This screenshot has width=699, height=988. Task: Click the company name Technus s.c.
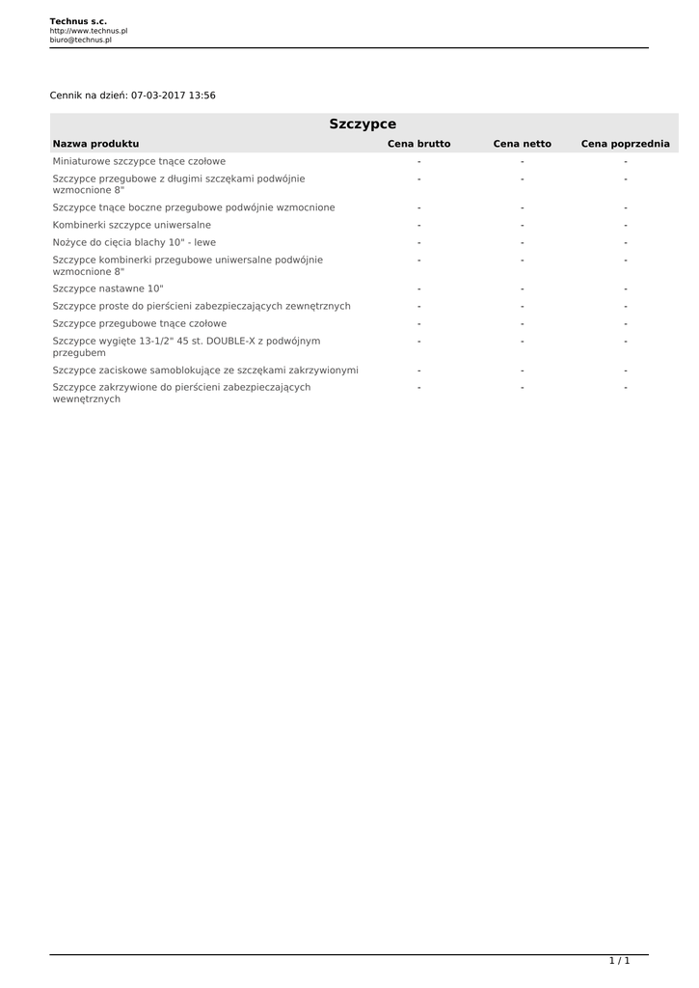(78, 20)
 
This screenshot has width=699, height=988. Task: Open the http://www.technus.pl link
(89, 31)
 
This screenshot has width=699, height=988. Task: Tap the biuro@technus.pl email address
(81, 41)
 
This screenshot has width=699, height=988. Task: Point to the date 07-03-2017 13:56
(173, 96)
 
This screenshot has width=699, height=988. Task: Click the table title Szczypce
(363, 123)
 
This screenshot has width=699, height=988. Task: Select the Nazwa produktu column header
(95, 144)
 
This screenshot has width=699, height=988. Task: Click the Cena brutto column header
(418, 144)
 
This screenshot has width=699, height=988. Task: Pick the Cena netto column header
(522, 144)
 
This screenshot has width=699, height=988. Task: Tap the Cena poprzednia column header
(625, 144)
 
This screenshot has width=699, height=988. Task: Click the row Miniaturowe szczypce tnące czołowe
(139, 161)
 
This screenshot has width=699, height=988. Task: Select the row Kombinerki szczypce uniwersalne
(132, 225)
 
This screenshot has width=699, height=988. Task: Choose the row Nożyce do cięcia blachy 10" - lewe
(134, 242)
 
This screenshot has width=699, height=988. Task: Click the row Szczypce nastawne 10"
(108, 288)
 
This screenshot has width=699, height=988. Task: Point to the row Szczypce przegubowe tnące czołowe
(140, 323)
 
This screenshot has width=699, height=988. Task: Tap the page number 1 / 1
(619, 961)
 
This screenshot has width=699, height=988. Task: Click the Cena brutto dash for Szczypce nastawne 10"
(419, 288)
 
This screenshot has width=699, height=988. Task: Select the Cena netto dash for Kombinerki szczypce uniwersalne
(522, 225)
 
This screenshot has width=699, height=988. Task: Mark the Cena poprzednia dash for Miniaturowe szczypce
(625, 161)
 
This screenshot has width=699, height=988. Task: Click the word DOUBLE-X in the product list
(229, 341)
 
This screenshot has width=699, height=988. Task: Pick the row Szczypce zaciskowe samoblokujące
(205, 370)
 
